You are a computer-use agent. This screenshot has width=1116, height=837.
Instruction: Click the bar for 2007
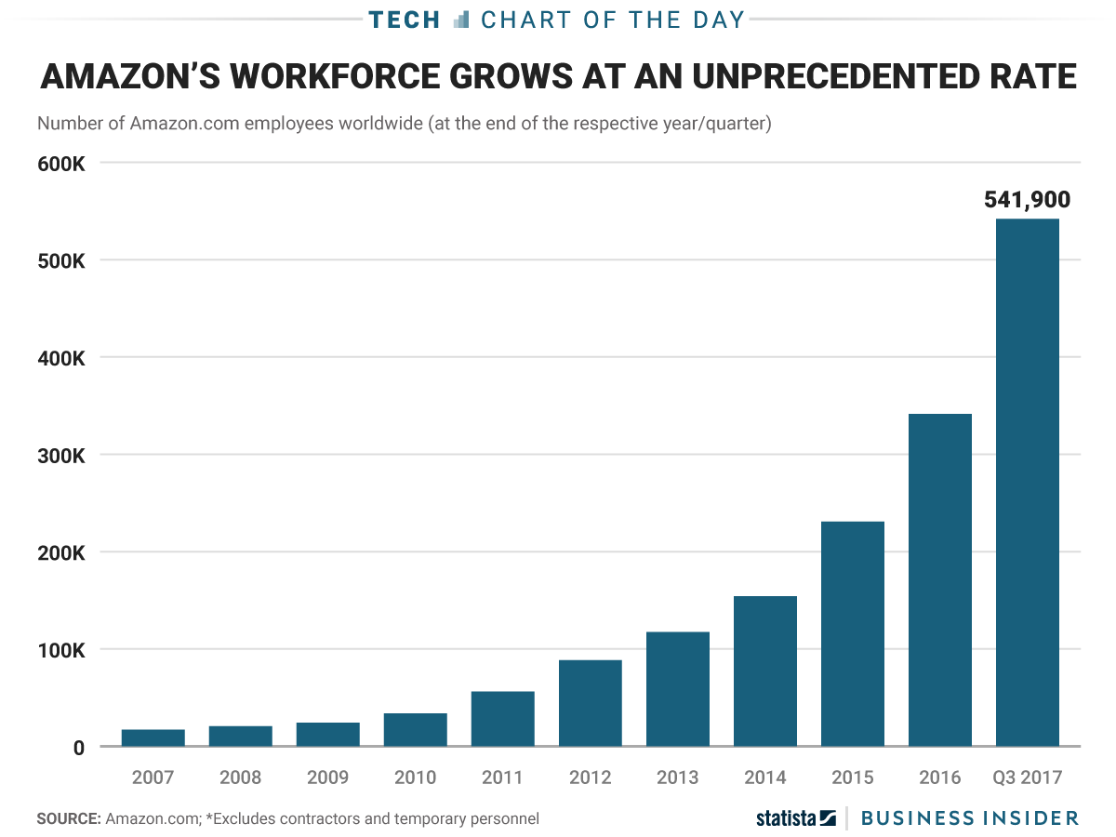153,737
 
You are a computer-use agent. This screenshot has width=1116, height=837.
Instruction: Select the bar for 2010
415,730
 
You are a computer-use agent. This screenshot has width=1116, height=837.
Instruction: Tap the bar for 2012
590,703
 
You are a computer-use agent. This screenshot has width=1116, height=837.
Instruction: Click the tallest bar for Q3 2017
1027,483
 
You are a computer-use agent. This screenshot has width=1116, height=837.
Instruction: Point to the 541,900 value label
1027,199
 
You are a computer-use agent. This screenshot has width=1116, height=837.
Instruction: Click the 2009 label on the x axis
327,777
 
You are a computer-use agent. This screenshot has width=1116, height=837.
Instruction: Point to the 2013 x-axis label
677,777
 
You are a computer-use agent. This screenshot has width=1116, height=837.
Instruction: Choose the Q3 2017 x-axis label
1027,777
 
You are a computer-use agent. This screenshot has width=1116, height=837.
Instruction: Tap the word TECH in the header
404,20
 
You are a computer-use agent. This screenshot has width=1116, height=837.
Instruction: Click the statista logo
795,818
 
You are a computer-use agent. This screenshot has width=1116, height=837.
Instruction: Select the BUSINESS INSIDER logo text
969,818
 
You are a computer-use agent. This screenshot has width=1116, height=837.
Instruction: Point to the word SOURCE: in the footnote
68,819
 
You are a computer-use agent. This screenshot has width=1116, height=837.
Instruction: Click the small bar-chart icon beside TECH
461,20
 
